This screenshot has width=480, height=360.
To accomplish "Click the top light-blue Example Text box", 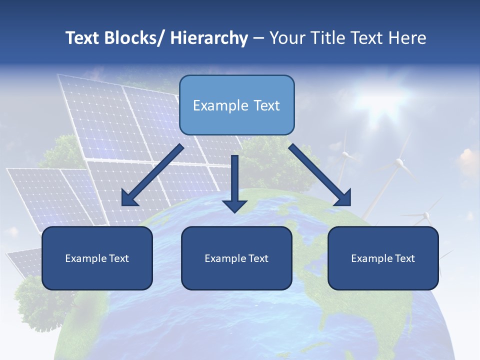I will pyautogui.click(x=236, y=105).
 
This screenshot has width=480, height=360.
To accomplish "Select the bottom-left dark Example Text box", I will pyautogui.click(x=97, y=258).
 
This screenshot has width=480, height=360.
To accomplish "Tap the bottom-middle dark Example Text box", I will pyautogui.click(x=236, y=258).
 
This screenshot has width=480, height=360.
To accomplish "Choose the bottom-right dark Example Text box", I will pyautogui.click(x=383, y=258).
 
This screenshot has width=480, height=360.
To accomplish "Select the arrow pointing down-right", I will pyautogui.click(x=320, y=175).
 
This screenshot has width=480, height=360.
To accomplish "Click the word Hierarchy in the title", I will pyautogui.click(x=209, y=38).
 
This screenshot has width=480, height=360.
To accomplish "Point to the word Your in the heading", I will pyautogui.click(x=285, y=38).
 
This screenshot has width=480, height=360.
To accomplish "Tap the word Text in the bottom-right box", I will pyautogui.click(x=403, y=258).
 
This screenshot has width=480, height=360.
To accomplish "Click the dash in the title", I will pyautogui.click(x=258, y=38).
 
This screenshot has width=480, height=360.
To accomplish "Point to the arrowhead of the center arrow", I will pyautogui.click(x=234, y=205).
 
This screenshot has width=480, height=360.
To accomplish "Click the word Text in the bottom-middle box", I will pyautogui.click(x=256, y=258).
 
